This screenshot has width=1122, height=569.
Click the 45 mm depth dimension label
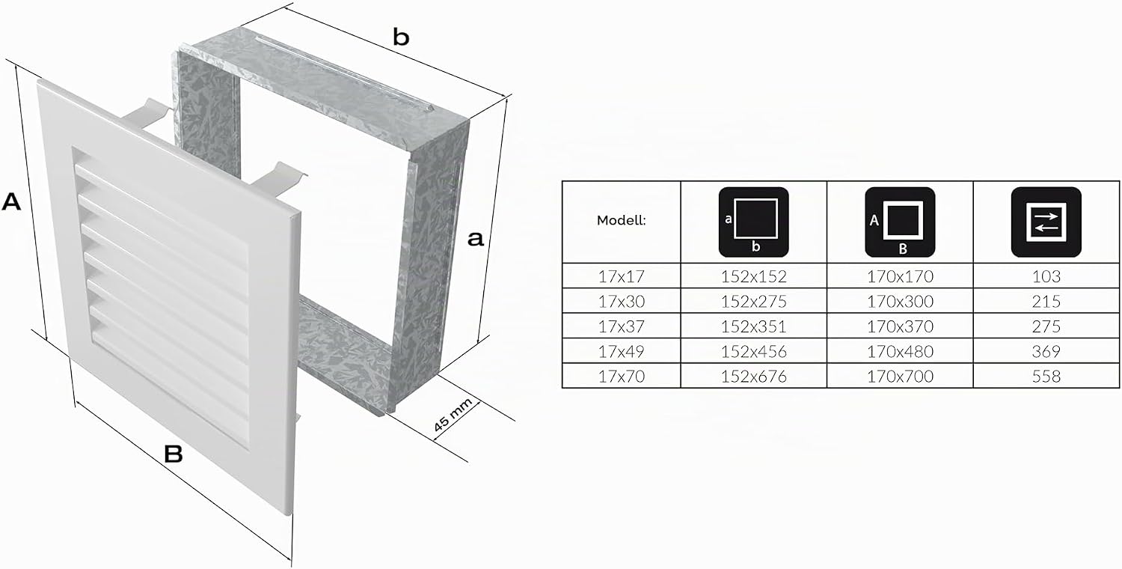[453, 415]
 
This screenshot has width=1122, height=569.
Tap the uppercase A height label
[11, 201]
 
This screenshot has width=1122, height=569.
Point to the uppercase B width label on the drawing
[174, 454]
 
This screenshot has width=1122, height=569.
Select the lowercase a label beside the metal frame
[475, 239]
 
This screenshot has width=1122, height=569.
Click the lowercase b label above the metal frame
[401, 37]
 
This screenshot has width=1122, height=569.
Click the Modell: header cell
[621, 220]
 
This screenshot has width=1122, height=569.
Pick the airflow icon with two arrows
[1046, 222]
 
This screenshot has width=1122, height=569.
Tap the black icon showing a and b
[753, 222]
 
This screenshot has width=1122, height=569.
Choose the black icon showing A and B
[900, 222]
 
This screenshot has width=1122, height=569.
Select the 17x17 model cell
[621, 276]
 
